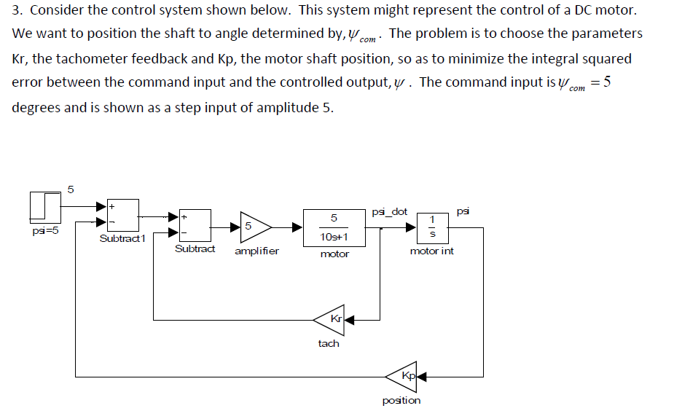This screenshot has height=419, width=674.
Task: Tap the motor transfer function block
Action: pos(334,227)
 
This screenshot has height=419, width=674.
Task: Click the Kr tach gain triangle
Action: pos(329,319)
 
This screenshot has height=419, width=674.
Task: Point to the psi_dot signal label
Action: pos(389,212)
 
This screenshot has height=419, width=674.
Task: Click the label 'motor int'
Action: pos(431,251)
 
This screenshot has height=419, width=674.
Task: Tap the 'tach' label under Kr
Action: pos(329,343)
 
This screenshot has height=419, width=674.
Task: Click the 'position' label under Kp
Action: pos(401,400)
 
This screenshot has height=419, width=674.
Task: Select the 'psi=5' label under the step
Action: pos(45,231)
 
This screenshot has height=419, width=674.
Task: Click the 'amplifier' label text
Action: pos(256,251)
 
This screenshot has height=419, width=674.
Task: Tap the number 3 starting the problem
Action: pos(15,11)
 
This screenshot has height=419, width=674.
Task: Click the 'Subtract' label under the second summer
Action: pos(195,249)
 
